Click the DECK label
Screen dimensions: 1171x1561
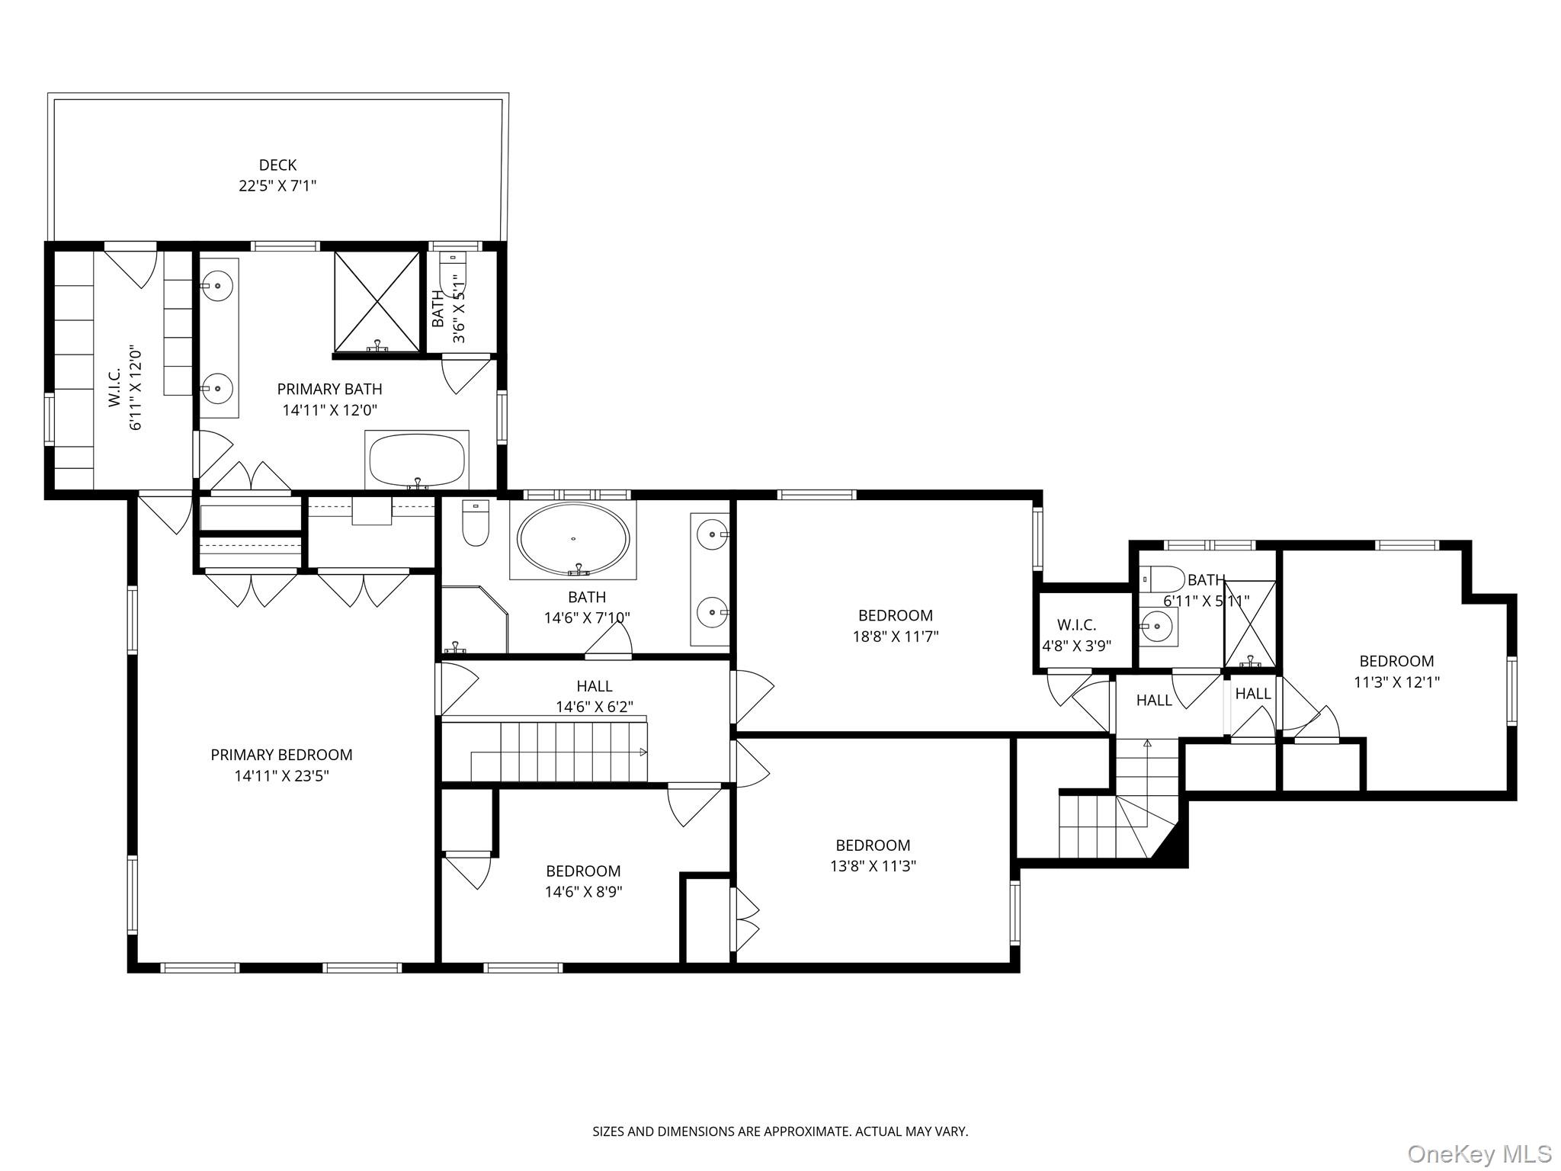(x=277, y=165)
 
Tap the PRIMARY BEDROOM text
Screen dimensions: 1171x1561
(x=281, y=755)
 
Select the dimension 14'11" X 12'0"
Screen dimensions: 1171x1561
(x=329, y=410)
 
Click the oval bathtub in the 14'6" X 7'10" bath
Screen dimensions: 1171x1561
(x=573, y=538)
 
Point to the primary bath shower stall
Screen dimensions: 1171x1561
(x=377, y=303)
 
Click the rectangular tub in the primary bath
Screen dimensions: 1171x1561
(x=416, y=460)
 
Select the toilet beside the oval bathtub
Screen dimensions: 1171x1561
(x=476, y=523)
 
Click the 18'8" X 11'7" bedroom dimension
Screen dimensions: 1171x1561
(x=895, y=637)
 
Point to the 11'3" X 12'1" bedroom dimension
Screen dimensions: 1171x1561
(x=1396, y=682)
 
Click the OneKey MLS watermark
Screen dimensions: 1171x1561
(x=1479, y=1153)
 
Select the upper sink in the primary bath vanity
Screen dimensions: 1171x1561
(x=218, y=286)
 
